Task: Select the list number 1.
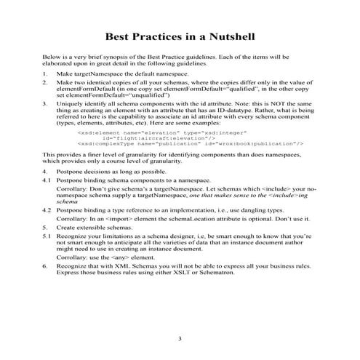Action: pyautogui.click(x=45, y=75)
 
